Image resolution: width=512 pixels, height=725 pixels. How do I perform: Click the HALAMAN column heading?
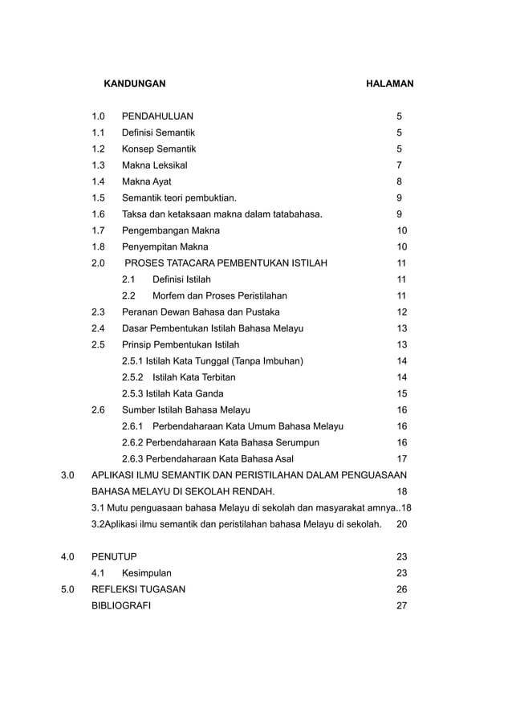tap(389, 83)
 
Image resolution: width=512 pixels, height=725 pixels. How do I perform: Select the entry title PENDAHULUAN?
tap(156, 116)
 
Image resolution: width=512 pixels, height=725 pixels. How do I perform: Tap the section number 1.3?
tap(99, 165)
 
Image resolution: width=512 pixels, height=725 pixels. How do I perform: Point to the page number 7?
tap(399, 165)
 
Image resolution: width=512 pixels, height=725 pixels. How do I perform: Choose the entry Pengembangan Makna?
tap(170, 230)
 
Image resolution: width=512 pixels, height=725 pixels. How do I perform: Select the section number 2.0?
tap(99, 263)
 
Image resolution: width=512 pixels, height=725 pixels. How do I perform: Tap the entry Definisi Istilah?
tap(181, 279)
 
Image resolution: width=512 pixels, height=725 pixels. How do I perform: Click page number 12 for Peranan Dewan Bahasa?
tap(402, 312)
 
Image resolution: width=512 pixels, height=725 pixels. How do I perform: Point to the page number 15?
tap(402, 393)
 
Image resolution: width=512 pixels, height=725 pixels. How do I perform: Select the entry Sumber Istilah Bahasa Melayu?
tap(185, 409)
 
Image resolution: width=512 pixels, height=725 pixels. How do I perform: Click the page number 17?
tap(402, 458)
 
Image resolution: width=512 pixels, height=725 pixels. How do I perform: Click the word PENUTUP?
tap(114, 556)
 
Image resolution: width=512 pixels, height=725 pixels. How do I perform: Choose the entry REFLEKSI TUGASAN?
tap(138, 589)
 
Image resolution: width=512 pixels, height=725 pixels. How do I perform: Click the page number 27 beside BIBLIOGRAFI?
tap(402, 605)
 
